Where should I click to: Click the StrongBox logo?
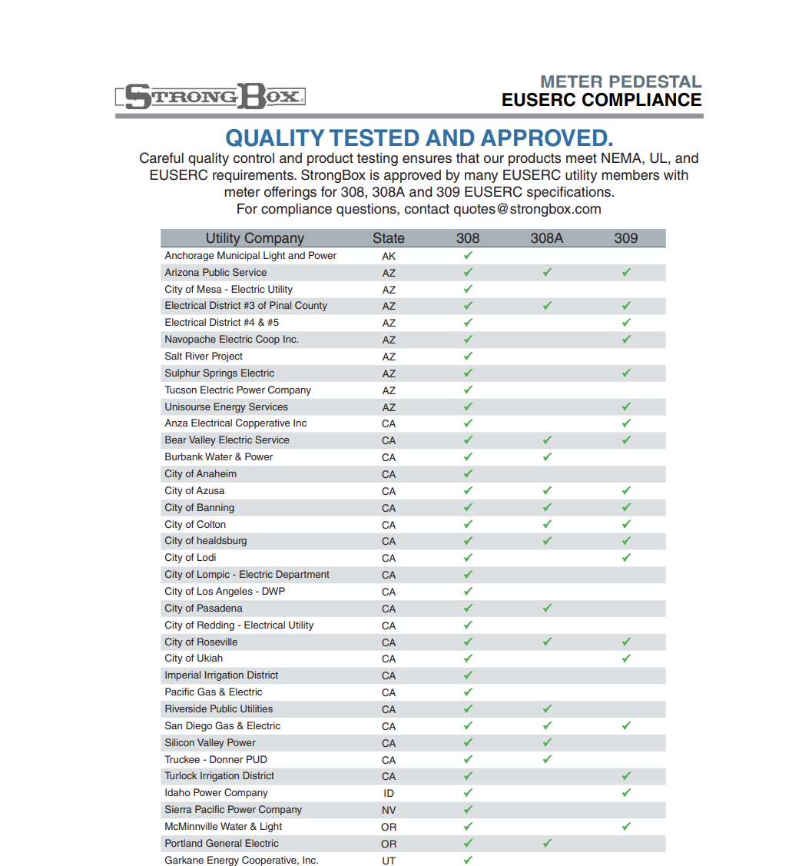coord(211,96)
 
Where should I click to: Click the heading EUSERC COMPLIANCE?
coord(601,100)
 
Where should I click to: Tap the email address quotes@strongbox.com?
coord(527,209)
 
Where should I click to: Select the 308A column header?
coord(546,238)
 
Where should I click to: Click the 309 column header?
coord(626,238)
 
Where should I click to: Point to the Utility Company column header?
coord(254,238)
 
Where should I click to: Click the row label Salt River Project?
coord(204,357)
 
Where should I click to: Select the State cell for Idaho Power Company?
coord(389,793)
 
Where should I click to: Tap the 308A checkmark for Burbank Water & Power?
coord(547,457)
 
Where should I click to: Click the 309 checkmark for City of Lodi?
coord(626,558)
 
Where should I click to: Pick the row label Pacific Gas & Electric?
coord(214,692)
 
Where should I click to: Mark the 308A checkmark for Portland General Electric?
coord(547,844)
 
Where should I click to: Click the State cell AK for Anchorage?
coord(389,256)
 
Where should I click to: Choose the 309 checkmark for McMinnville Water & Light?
coord(626,827)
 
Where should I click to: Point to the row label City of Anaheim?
coord(201,474)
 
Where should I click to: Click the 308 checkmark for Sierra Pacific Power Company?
coord(468,810)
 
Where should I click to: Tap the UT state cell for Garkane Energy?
coord(389,861)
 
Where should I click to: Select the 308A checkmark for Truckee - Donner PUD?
coord(547,760)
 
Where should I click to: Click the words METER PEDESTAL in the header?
coord(621,81)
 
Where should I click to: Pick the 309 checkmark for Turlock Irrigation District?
coord(626,776)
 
